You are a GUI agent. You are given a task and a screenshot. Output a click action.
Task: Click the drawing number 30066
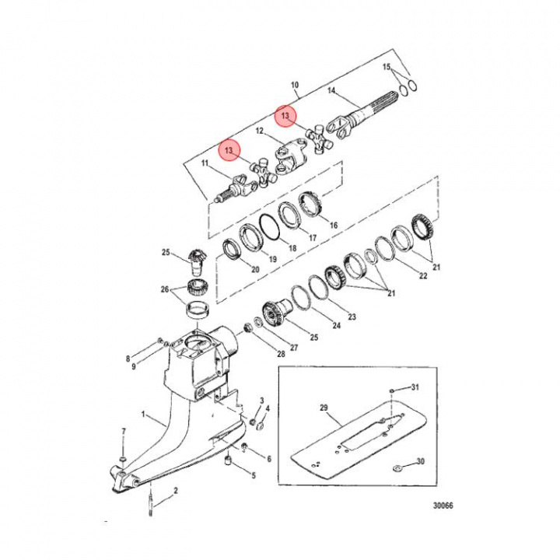443,506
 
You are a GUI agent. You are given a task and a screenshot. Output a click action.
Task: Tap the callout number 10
295,85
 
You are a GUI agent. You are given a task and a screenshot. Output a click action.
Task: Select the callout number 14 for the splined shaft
331,91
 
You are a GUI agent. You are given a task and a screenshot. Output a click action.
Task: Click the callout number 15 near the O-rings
387,67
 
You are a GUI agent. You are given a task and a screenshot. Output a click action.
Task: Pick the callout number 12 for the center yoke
259,131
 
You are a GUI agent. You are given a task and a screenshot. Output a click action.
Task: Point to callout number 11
205,163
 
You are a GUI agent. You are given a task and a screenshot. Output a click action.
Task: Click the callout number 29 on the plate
324,408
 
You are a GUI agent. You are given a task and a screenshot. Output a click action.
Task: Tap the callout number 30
421,461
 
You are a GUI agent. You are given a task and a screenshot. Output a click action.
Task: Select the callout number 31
415,387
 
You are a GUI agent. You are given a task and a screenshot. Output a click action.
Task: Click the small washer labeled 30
397,467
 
